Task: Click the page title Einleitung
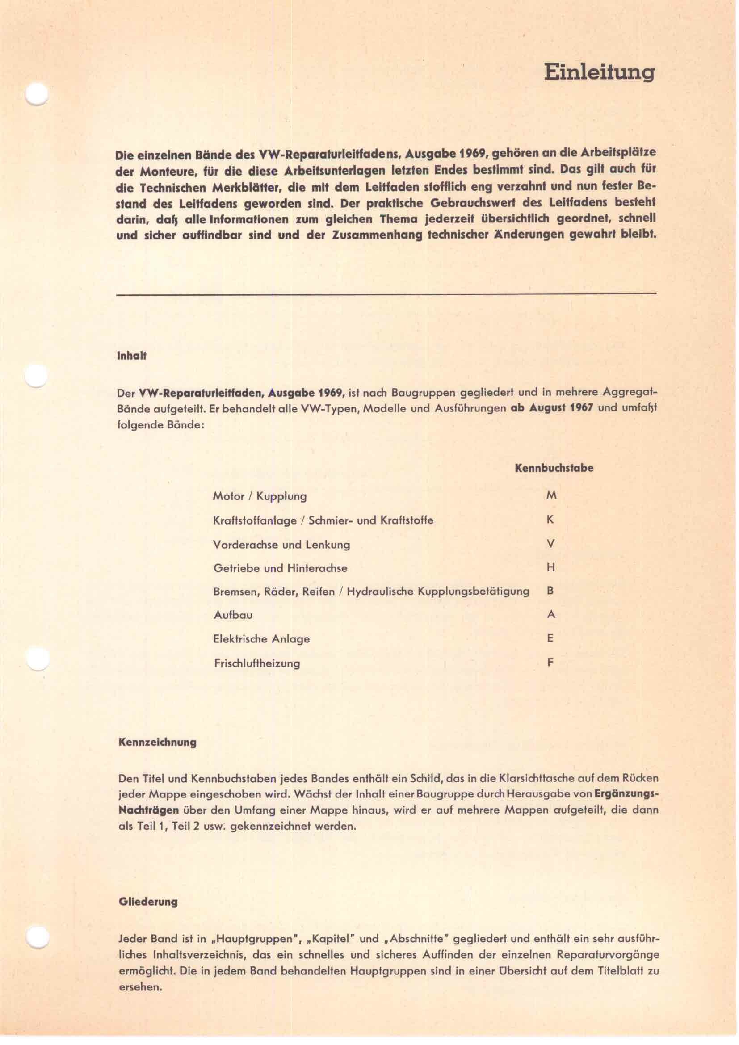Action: click(599, 73)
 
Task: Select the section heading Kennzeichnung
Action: click(157, 743)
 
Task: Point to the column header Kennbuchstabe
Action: click(554, 468)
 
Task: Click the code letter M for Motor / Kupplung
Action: click(551, 495)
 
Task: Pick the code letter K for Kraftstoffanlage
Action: click(550, 519)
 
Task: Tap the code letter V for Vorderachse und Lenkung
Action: click(550, 543)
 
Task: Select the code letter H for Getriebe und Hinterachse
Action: click(550, 567)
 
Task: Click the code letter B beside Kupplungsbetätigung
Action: click(550, 591)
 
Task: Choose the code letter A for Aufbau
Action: click(550, 614)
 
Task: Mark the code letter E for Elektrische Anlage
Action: click(550, 638)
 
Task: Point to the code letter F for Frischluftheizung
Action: click(550, 662)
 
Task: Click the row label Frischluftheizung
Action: click(256, 663)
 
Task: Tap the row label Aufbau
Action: click(233, 615)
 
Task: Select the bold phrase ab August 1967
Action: click(552, 408)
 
